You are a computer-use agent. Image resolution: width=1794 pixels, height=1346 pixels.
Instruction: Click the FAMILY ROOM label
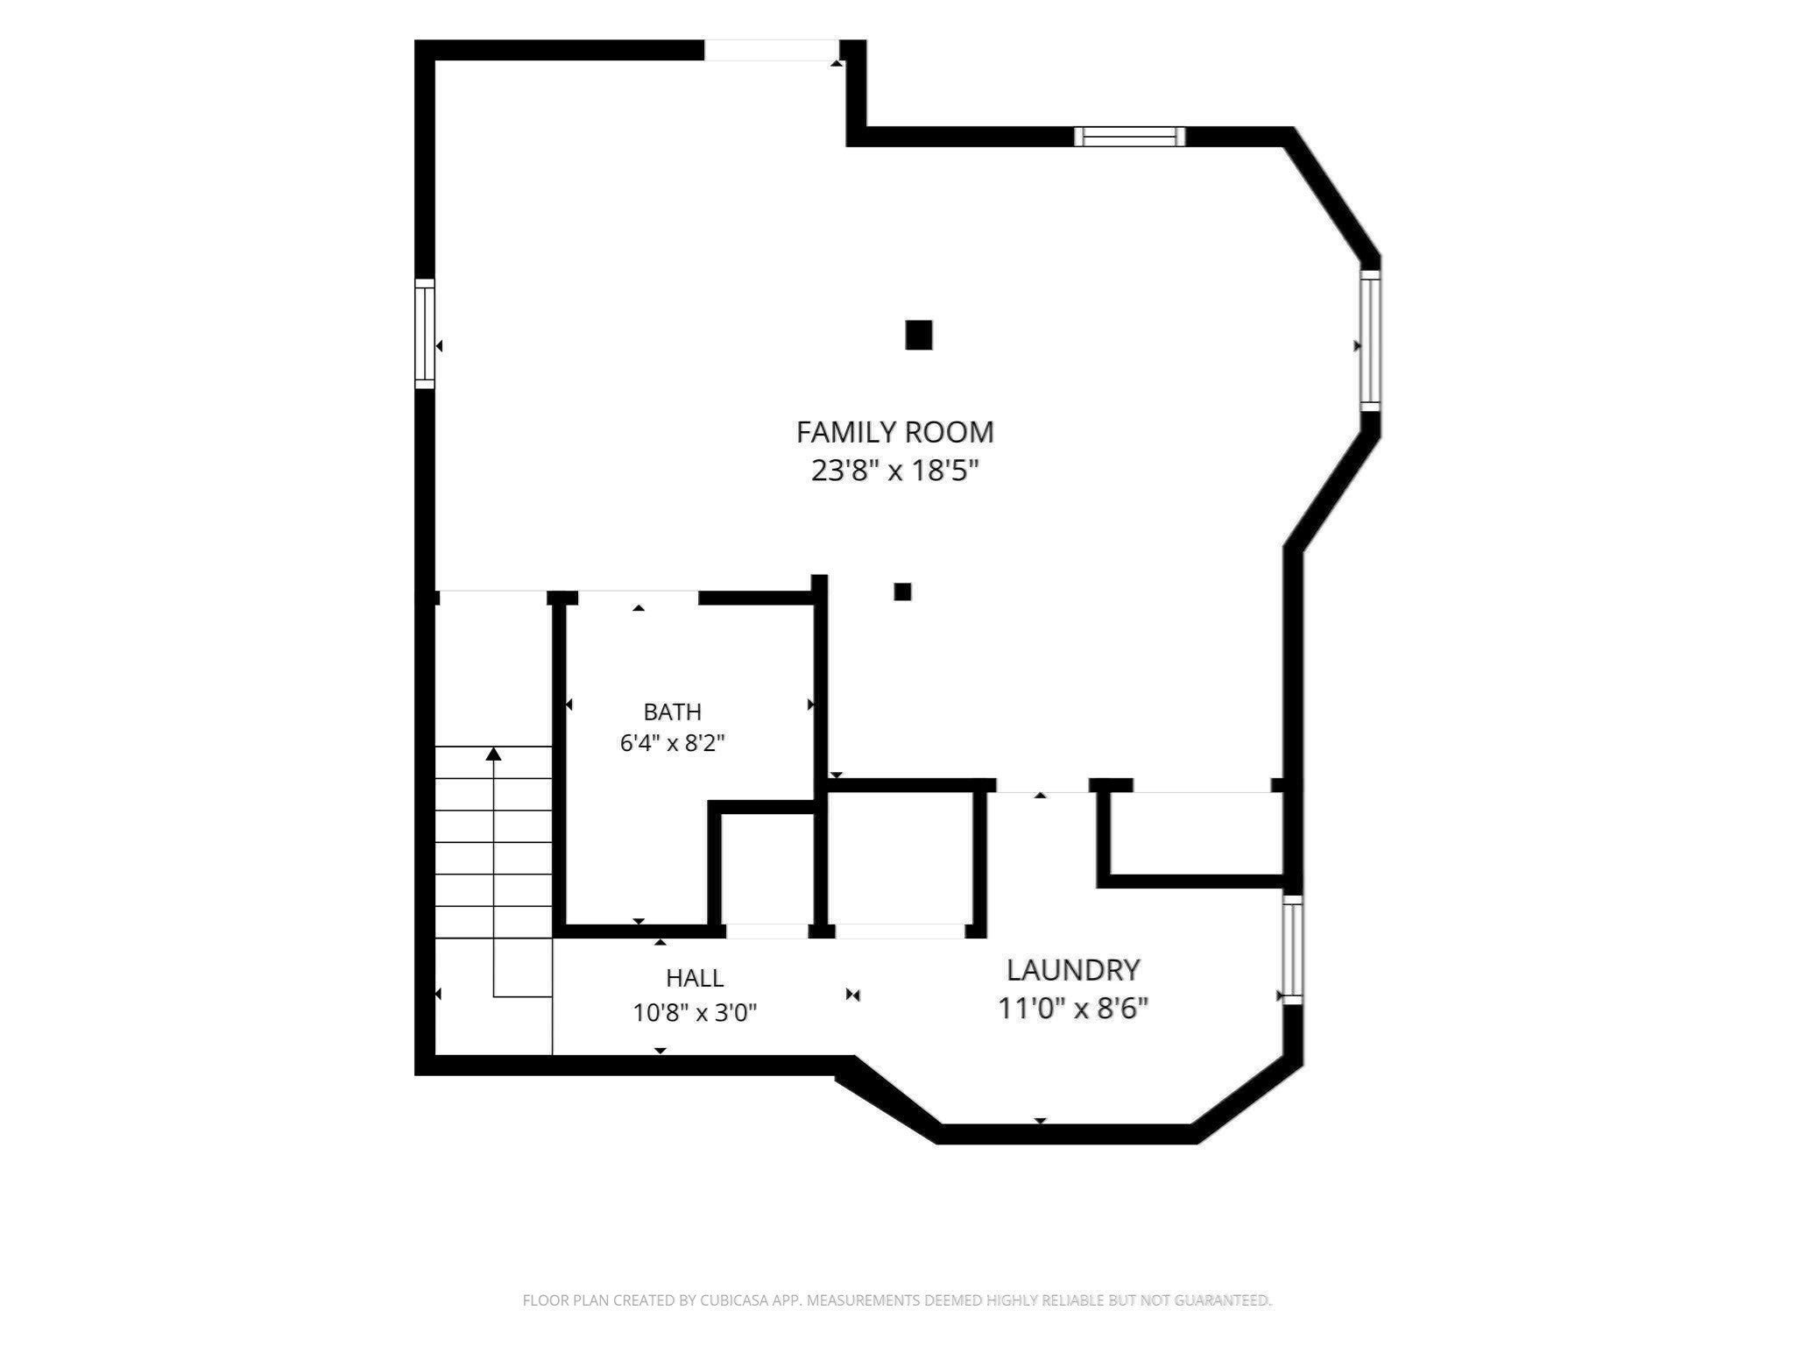tap(894, 432)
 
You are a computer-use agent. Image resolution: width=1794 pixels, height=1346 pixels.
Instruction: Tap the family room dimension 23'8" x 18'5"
tap(894, 471)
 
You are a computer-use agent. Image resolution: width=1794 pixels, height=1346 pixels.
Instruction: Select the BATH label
tap(672, 712)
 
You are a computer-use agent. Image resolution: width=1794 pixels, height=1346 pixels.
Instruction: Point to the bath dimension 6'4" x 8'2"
tap(672, 743)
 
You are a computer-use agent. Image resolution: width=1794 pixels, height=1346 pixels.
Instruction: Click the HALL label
tap(695, 977)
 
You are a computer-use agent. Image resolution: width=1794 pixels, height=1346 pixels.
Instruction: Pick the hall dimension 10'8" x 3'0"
tap(695, 1013)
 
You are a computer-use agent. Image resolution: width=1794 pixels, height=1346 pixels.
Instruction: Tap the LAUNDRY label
tap(1073, 970)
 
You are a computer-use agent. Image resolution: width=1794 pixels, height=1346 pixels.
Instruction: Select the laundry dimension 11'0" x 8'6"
tap(1073, 1009)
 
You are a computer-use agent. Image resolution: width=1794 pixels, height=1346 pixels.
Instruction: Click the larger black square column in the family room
tap(918, 335)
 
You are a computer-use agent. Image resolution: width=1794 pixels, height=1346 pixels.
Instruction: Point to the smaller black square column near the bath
tap(902, 592)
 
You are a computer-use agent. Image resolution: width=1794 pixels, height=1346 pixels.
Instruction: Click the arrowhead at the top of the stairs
tap(494, 754)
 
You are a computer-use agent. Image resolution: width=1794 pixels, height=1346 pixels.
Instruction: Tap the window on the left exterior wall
tap(425, 333)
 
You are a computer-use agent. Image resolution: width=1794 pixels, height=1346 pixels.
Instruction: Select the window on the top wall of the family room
tap(1130, 136)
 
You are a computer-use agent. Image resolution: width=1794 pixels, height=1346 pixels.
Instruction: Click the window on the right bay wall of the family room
tap(1370, 340)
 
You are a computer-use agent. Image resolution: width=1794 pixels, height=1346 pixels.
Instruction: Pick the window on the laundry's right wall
tap(1293, 949)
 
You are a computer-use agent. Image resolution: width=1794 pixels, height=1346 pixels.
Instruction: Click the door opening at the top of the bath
tap(639, 598)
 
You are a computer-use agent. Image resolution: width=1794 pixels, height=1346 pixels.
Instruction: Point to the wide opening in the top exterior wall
tap(773, 50)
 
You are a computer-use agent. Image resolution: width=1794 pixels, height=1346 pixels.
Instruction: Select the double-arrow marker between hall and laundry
tap(854, 995)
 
